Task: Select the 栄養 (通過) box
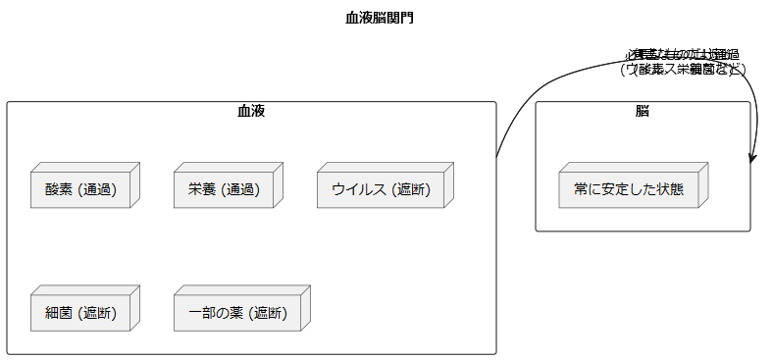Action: [224, 189]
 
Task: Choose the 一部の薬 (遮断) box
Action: [237, 314]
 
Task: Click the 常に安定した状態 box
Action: [629, 189]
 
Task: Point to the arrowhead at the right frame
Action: [751, 156]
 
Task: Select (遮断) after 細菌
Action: [97, 314]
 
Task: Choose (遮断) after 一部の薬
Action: [268, 314]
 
